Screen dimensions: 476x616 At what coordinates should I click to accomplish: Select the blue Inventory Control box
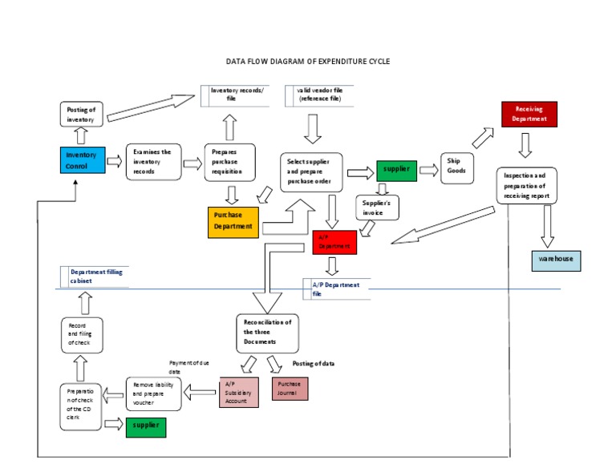[82, 160]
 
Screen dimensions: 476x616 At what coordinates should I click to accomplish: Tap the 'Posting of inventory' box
[81, 115]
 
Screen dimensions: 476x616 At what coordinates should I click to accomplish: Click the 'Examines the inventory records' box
[153, 162]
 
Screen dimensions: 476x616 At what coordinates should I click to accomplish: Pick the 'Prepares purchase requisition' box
[230, 162]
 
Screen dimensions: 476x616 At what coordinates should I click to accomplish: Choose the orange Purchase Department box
[233, 221]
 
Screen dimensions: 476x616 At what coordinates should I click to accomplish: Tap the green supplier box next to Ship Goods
[396, 170]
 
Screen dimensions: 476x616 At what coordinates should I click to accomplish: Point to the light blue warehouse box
[555, 260]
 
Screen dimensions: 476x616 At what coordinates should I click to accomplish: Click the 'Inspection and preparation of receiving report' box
[527, 186]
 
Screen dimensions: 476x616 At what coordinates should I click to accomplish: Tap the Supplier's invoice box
[375, 208]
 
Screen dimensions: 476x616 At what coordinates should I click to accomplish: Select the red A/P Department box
[334, 243]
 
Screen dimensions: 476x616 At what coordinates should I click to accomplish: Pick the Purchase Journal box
[290, 388]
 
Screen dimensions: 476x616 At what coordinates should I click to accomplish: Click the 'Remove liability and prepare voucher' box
[153, 394]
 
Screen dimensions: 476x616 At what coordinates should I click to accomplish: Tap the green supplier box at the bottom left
[145, 427]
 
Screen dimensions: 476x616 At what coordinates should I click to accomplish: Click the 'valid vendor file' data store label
[319, 95]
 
